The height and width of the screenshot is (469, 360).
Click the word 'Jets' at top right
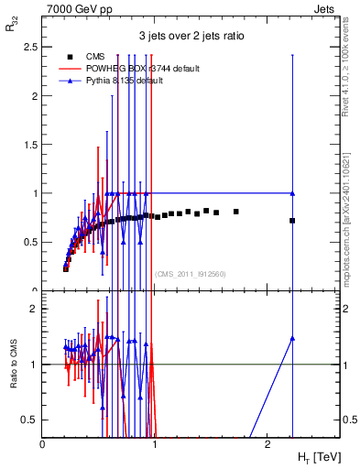pos(326,7)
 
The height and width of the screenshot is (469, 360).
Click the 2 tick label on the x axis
pos(267,444)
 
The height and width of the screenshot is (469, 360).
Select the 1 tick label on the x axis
pos(155,444)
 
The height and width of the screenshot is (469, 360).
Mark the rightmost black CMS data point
pos(292,221)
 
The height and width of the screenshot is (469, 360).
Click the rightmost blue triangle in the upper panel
pos(292,193)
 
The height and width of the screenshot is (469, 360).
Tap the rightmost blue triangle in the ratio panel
pos(292,338)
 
